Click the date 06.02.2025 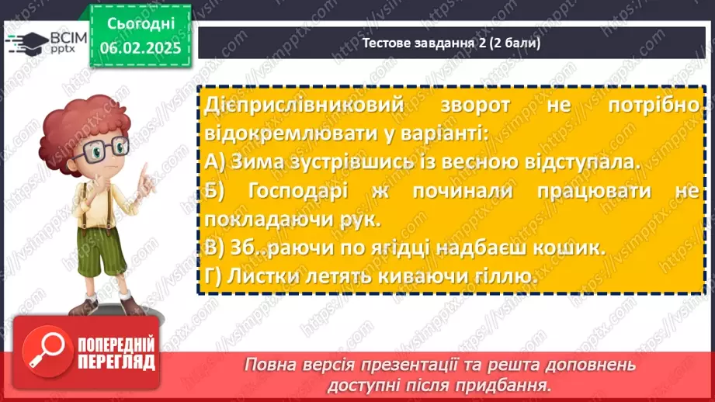coord(140,48)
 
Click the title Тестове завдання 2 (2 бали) coord(452,43)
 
